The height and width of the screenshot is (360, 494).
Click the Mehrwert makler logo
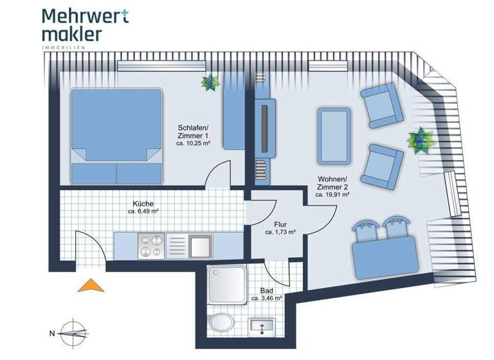[84, 25]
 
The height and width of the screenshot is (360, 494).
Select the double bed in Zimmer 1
[116, 134]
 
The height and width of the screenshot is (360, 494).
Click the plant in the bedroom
[210, 82]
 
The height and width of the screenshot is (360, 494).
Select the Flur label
[280, 224]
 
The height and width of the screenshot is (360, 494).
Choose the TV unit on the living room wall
[264, 127]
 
